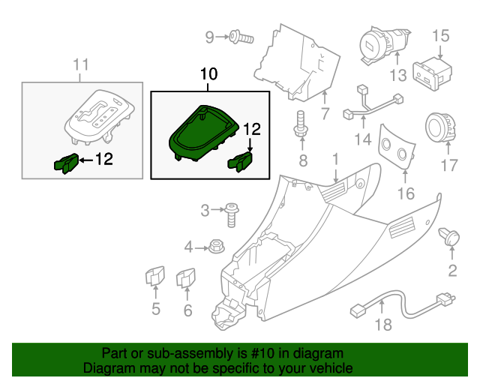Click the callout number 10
pos(208,74)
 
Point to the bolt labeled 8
pos(301,124)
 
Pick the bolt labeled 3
pos(231,213)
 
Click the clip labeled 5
pos(155,277)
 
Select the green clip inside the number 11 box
pos(66,162)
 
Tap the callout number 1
pos(336,158)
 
